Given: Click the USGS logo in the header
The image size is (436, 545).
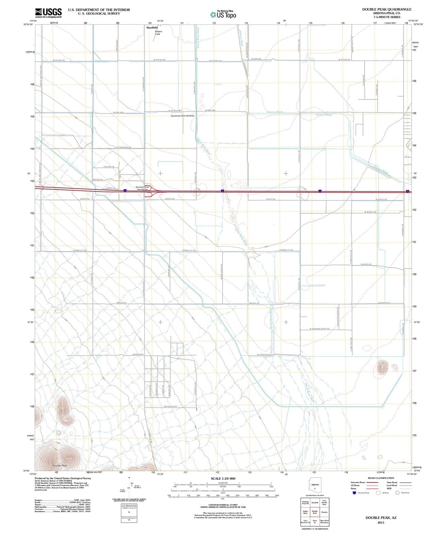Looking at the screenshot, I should [48, 13].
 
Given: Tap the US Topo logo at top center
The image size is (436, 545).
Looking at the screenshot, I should [222, 14].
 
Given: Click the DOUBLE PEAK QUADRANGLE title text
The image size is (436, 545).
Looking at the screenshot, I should [387, 9].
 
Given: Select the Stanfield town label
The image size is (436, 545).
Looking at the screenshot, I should [152, 27].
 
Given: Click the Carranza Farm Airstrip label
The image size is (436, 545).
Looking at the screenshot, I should [182, 116].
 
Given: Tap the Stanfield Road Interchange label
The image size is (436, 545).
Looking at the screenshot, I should [142, 188].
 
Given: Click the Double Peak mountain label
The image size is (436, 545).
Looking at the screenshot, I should [60, 465].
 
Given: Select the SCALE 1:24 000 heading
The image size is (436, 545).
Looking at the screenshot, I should [223, 479].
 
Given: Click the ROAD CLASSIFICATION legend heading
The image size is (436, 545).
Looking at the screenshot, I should [381, 478].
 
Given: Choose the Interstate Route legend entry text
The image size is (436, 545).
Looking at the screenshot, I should [358, 482].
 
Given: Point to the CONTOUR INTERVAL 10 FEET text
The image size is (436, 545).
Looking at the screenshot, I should [222, 505].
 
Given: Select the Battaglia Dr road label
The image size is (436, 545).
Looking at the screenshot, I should [170, 407].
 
